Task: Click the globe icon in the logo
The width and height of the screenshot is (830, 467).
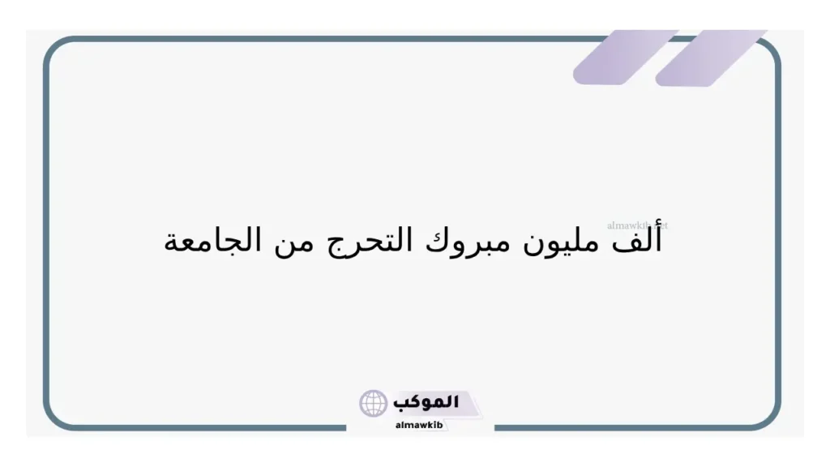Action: pyautogui.click(x=374, y=403)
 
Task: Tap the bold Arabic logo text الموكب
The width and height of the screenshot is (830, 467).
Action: pyautogui.click(x=426, y=401)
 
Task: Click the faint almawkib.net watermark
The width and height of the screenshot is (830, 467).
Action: pyautogui.click(x=637, y=226)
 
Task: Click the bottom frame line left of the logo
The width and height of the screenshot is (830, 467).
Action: pyautogui.click(x=203, y=427)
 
